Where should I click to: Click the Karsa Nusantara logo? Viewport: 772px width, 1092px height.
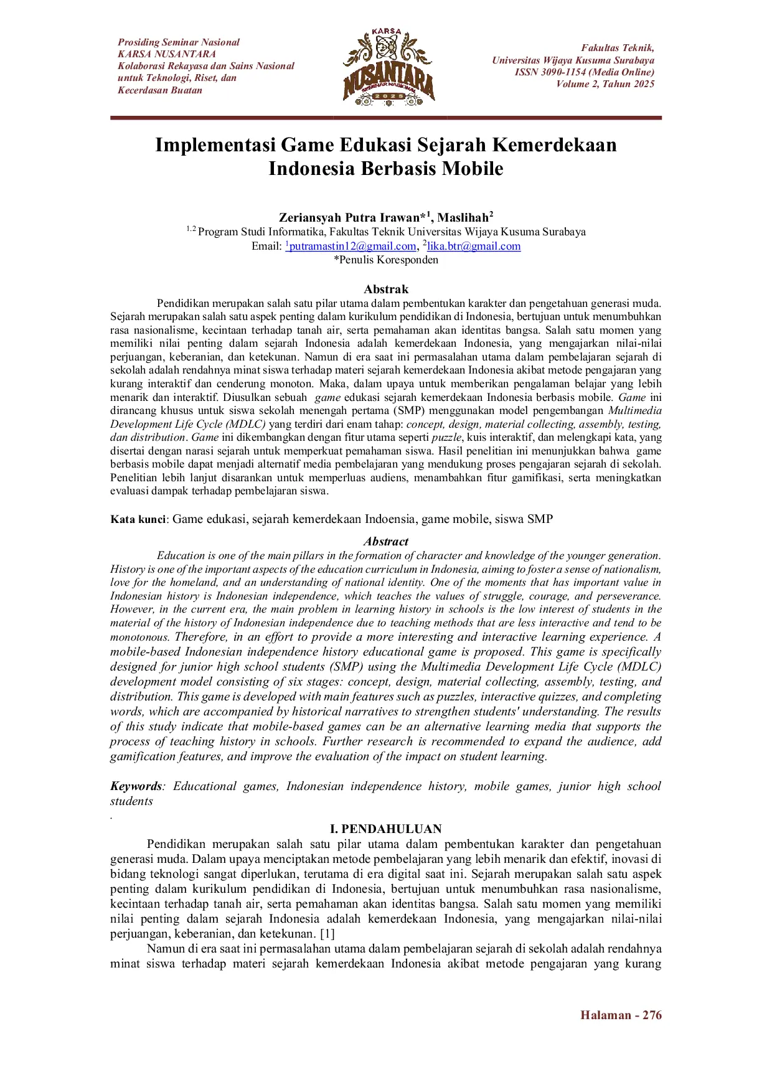pyautogui.click(x=388, y=66)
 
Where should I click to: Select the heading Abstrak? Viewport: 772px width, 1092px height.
pyautogui.click(x=386, y=289)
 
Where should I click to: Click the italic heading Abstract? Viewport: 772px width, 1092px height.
pyautogui.click(x=386, y=542)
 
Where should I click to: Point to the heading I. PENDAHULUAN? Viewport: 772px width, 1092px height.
pyautogui.click(x=386, y=829)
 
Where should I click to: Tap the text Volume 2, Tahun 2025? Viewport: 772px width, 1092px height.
pyautogui.click(x=605, y=84)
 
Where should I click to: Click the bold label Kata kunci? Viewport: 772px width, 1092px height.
pyautogui.click(x=138, y=519)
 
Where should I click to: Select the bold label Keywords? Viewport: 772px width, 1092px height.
pyautogui.click(x=135, y=786)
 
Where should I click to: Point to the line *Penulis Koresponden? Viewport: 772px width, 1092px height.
pyautogui.click(x=386, y=260)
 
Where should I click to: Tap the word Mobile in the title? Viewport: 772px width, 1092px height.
pyautogui.click(x=472, y=169)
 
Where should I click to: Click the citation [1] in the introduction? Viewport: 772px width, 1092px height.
pyautogui.click(x=327, y=933)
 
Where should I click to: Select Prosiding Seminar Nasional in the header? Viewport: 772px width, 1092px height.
pyautogui.click(x=179, y=42)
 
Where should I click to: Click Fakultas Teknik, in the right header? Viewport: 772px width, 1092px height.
pyautogui.click(x=618, y=48)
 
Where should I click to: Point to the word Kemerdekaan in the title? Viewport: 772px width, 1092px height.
pyautogui.click(x=554, y=145)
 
